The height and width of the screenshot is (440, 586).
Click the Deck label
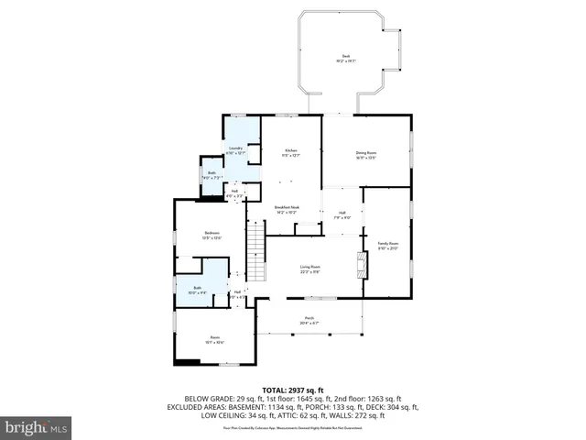[x=346, y=57]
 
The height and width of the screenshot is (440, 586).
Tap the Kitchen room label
[x=291, y=149]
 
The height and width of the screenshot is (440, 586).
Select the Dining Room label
[x=366, y=152]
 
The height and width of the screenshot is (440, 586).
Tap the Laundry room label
[x=236, y=148]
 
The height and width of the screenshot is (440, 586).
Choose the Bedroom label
[x=212, y=235]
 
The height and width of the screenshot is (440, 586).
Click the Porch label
[x=308, y=318]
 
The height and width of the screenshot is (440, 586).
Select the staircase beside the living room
[x=255, y=254]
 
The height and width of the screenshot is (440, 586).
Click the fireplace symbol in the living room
[x=360, y=265]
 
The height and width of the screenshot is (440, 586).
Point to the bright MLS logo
[x=37, y=427]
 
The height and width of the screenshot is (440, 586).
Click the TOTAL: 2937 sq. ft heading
[x=292, y=390]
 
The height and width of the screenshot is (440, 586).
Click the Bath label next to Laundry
[x=212, y=173]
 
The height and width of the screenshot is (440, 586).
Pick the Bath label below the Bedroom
[x=197, y=288]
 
